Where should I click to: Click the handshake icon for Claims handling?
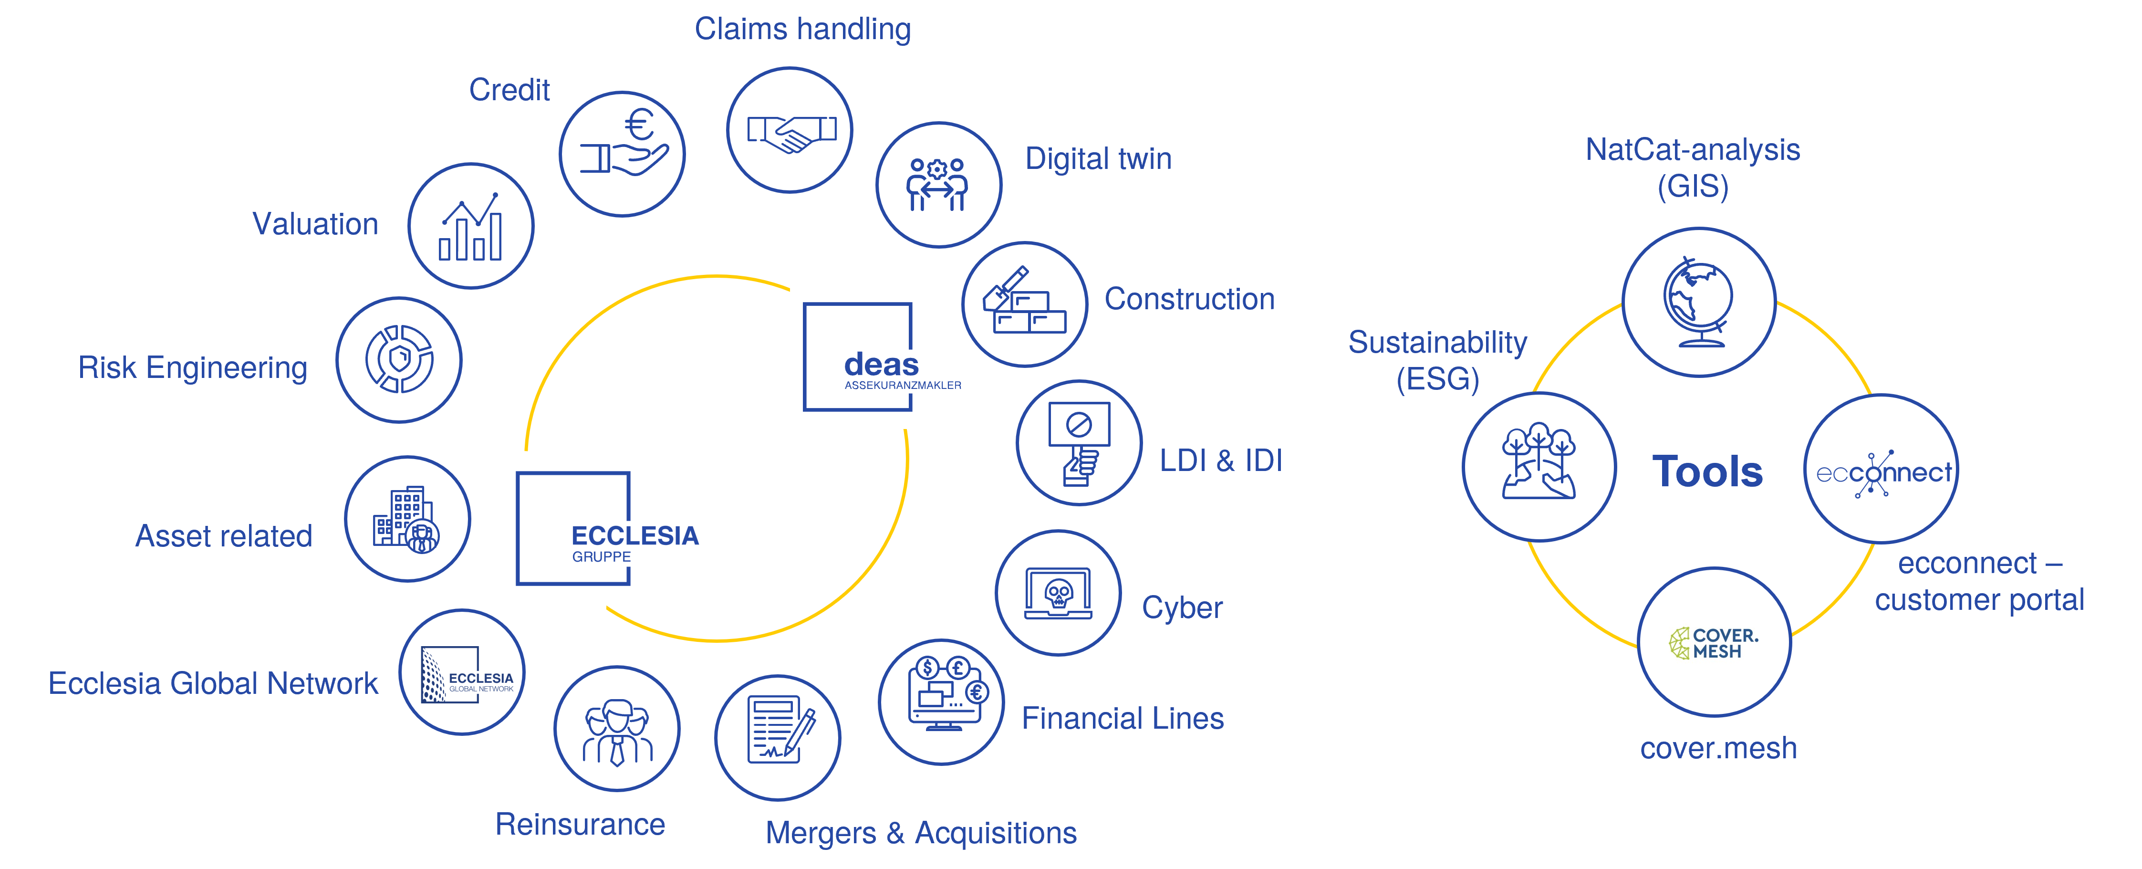point(790,131)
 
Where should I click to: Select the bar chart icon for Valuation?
point(471,226)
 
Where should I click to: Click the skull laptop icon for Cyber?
point(1058,593)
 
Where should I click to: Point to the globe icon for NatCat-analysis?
point(1699,303)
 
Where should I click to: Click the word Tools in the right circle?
point(1707,471)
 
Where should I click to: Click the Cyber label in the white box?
point(1183,608)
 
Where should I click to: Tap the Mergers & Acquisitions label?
point(921,832)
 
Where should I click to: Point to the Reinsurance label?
point(581,824)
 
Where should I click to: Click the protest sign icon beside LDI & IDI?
point(1079,442)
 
